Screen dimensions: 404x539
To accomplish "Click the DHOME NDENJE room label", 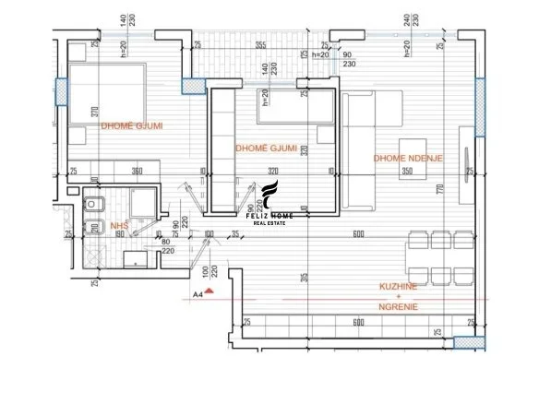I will [x=408, y=159].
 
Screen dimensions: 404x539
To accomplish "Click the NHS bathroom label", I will [x=119, y=225].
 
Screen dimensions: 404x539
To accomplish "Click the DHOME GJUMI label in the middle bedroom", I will [x=266, y=148].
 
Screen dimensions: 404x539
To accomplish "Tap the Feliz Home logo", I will [x=269, y=202].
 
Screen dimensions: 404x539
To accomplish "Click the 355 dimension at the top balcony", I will [x=261, y=45].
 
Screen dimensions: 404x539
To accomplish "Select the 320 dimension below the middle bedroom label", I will [x=272, y=172].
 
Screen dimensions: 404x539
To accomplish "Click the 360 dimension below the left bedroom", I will [x=137, y=172].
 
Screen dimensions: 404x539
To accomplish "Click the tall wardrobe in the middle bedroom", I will [x=222, y=148].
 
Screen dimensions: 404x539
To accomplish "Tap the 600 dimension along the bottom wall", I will [x=356, y=323].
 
